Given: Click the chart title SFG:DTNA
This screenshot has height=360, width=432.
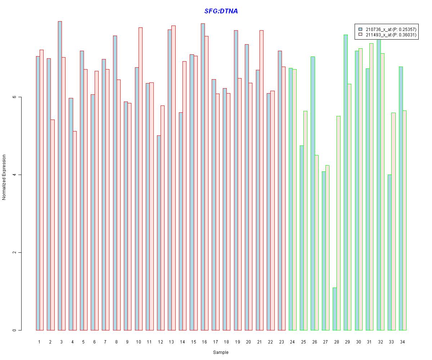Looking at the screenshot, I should [x=221, y=11].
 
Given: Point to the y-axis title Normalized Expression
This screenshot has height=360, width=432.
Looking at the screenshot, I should [x=4, y=177].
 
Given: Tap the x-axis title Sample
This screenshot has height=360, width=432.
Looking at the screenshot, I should [x=221, y=352].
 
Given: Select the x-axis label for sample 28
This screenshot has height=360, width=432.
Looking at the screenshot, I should [x=336, y=342].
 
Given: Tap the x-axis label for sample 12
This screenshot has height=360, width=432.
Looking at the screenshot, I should [x=160, y=342].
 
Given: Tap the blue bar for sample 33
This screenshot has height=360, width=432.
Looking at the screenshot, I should [x=390, y=252].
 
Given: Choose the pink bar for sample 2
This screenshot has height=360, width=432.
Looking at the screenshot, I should [x=52, y=225].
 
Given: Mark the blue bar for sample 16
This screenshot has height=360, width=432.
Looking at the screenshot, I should [x=203, y=177].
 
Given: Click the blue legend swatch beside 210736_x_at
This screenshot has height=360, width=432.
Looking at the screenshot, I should [x=360, y=29].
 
